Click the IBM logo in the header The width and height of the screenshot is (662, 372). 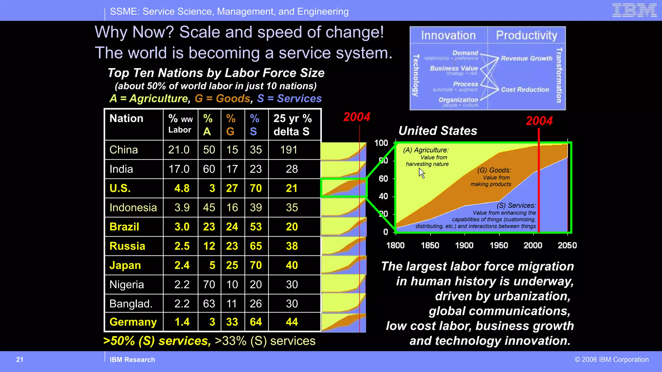(634, 10)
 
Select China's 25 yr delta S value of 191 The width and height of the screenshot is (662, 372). (289, 150)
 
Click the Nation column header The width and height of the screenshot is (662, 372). (126, 119)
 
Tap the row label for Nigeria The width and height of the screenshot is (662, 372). (127, 284)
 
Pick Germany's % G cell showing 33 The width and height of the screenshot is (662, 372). (232, 322)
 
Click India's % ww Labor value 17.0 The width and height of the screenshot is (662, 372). (179, 169)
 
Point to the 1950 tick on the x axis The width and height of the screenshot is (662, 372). (499, 245)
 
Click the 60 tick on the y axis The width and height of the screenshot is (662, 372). (383, 179)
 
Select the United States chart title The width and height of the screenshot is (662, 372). (438, 131)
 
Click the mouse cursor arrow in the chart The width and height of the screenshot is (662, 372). (422, 173)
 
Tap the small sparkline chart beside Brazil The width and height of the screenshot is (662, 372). (344, 227)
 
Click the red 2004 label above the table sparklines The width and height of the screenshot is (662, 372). (357, 117)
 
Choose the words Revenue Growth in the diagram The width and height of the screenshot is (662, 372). (527, 58)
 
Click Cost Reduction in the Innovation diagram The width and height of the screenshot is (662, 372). (525, 90)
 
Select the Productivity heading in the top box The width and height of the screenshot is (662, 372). (527, 35)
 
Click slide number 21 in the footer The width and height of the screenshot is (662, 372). (20, 359)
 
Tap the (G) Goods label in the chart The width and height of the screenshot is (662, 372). (494, 170)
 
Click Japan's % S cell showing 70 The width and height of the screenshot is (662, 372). (256, 265)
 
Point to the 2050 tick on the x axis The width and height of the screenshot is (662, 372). (567, 245)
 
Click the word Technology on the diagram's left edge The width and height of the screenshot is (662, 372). (416, 75)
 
